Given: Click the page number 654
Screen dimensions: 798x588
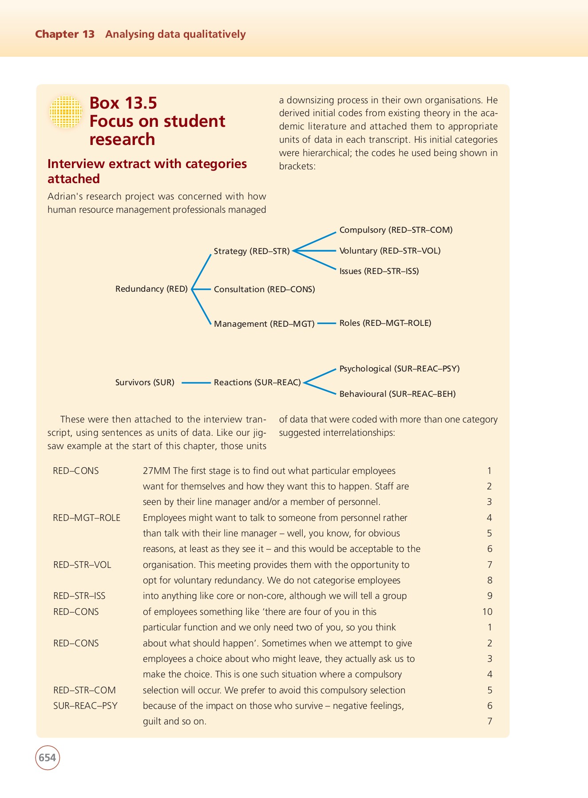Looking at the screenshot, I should pos(47,758).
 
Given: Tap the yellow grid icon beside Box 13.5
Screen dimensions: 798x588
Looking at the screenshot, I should pos(66,112).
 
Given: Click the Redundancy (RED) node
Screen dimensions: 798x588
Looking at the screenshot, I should pos(151,289).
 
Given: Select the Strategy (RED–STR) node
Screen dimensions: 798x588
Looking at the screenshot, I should pos(251,251).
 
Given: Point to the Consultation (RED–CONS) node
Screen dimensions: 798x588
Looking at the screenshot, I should pos(264,289).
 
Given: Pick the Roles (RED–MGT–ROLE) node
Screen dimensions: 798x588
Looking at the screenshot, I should pos(385,323).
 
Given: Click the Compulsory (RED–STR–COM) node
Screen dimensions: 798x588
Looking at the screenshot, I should pos(395,230).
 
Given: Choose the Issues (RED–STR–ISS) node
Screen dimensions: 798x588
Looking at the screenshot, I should pos(379,271).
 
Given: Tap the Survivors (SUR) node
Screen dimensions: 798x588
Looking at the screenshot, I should pos(145,383).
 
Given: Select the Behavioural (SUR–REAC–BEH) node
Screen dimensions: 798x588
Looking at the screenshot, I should pos(397,394).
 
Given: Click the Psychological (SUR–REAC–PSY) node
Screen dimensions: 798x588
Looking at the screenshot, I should pos(399,369).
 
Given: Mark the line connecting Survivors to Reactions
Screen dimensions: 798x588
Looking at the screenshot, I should pos(196,383).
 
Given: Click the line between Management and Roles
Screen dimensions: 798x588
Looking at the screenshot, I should pos(327,324).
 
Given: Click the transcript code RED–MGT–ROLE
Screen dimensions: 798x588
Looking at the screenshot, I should pos(87,518).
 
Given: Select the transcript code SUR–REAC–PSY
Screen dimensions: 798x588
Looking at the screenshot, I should pos(85,706).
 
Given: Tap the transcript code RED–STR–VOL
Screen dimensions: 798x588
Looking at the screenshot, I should pos(82,565).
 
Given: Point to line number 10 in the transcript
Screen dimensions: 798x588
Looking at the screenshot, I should pos(487,612).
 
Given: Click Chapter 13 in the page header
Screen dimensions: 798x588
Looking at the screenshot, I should pos(65,34).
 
